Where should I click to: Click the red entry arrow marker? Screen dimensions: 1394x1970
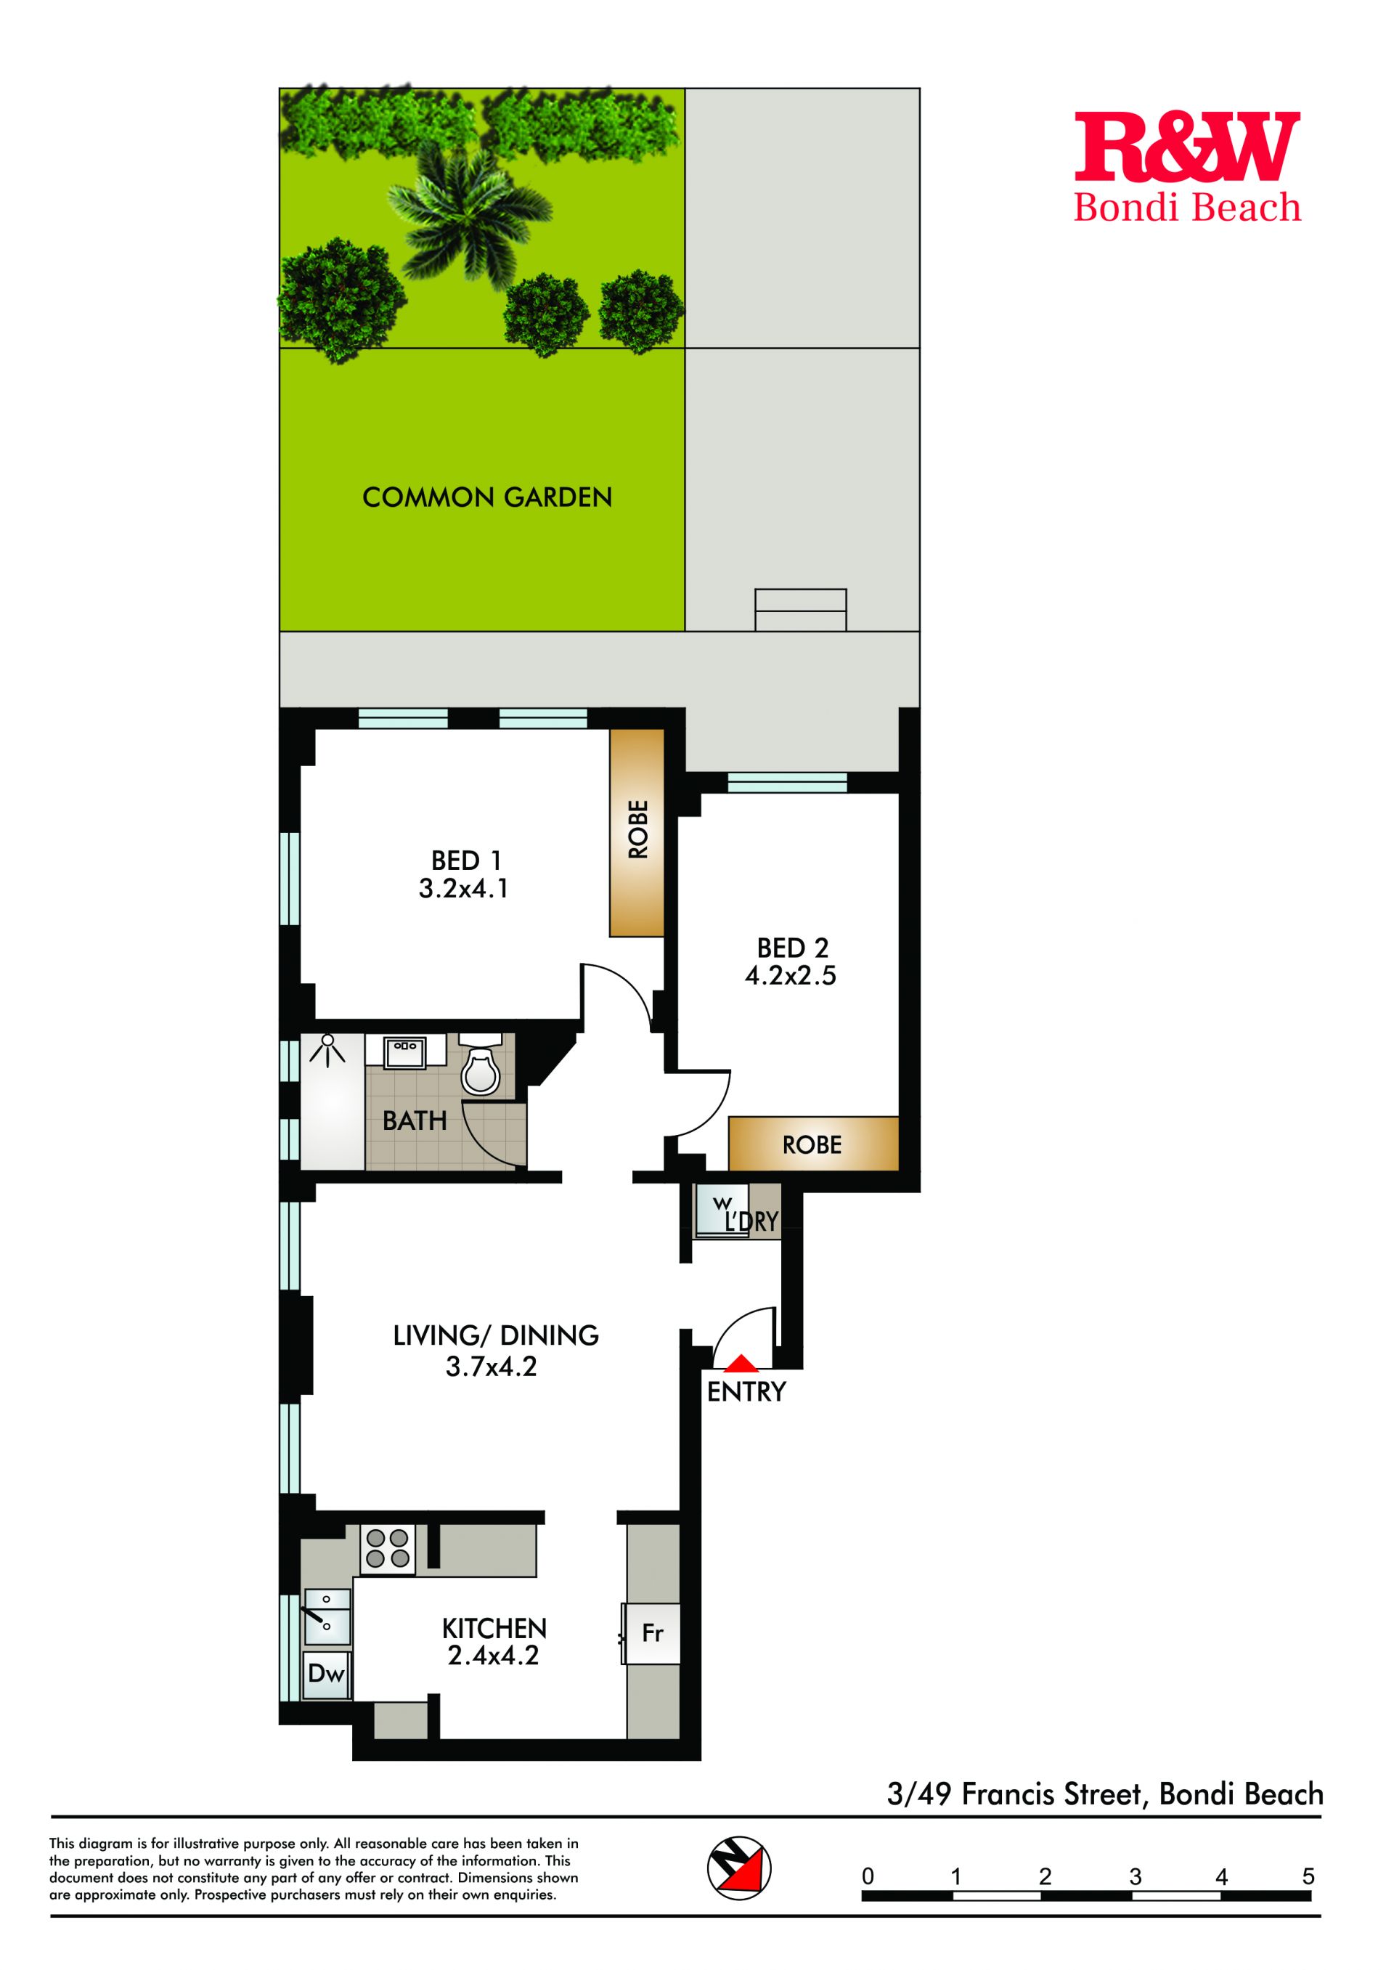pos(741,1362)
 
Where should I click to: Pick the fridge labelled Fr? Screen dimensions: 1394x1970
pos(653,1632)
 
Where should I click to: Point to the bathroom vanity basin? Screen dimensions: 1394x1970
pos(404,1051)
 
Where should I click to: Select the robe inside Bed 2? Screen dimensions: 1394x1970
pos(813,1144)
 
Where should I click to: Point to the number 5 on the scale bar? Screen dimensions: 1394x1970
pos(1308,1876)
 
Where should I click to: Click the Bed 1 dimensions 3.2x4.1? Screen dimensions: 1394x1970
pos(463,889)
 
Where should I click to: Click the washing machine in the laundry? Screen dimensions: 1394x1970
pos(721,1210)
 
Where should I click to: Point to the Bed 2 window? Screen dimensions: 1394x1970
pos(787,782)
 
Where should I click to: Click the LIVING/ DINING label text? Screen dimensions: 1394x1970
pos(495,1335)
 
